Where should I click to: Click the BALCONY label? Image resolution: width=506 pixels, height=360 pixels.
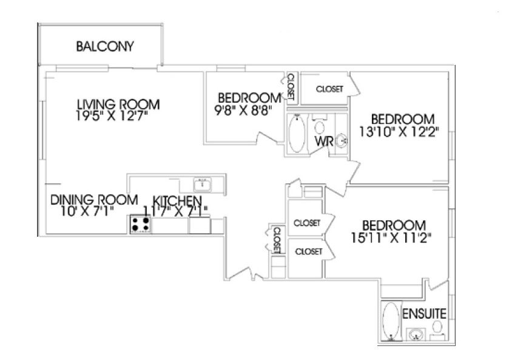coord(105,47)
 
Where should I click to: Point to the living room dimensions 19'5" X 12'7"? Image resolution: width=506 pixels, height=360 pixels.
coord(112,114)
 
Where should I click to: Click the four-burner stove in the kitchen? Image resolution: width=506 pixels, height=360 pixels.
coord(141,224)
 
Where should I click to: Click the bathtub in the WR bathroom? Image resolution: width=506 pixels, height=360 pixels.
coord(297,135)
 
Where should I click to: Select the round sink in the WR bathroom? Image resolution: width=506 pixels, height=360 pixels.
coord(342,140)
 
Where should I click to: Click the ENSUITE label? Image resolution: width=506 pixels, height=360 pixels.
coord(425,314)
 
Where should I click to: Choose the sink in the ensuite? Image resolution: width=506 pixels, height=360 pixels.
coord(416,334)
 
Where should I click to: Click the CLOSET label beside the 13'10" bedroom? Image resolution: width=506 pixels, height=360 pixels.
coord(329,89)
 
